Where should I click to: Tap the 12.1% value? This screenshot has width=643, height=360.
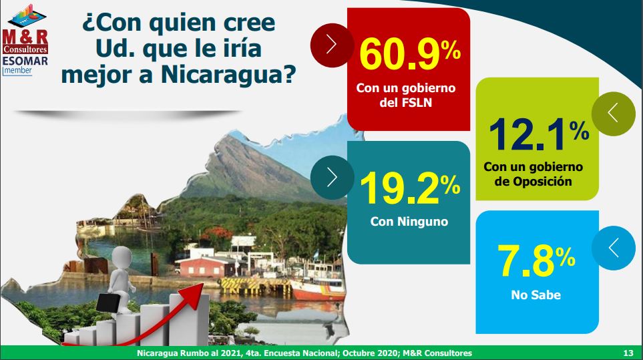click(539, 134)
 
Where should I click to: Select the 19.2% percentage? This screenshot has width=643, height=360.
click(410, 188)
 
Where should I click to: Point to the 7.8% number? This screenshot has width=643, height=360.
click(536, 260)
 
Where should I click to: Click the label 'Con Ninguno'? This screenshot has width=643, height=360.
click(409, 222)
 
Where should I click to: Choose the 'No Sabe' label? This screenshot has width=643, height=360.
click(535, 295)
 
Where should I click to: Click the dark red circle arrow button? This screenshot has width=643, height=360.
click(332, 45)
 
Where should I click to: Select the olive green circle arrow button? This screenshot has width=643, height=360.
click(614, 114)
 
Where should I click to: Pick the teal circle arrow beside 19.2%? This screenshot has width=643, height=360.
click(332, 178)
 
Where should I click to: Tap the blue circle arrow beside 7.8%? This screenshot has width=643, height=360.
click(614, 248)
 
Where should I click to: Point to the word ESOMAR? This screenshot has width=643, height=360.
click(25, 61)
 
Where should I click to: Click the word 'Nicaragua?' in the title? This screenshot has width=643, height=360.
click(228, 74)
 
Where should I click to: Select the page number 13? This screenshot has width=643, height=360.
click(628, 353)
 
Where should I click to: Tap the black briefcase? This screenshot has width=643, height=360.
click(108, 303)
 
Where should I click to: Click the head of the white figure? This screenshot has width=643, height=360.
click(122, 256)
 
